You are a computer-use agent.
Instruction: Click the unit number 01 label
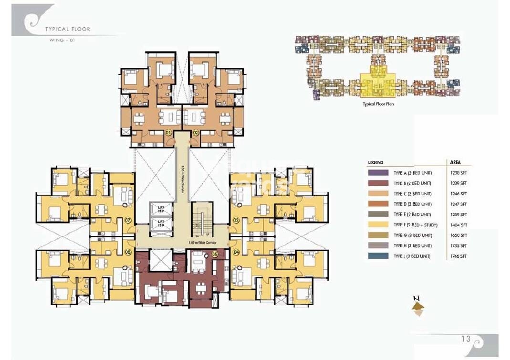click(168, 132)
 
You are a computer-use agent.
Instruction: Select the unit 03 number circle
click(236, 220)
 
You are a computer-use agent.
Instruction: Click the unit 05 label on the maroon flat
click(215, 254)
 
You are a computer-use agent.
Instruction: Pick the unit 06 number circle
click(128, 252)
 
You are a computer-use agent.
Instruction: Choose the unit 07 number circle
click(128, 220)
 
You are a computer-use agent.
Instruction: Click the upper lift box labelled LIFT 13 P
click(161, 208)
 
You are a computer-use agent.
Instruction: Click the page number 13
click(466, 339)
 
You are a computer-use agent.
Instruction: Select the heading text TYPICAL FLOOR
click(67, 29)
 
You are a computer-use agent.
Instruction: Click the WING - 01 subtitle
click(62, 40)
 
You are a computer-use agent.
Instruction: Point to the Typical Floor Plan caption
click(378, 104)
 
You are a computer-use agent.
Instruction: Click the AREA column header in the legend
click(455, 162)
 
